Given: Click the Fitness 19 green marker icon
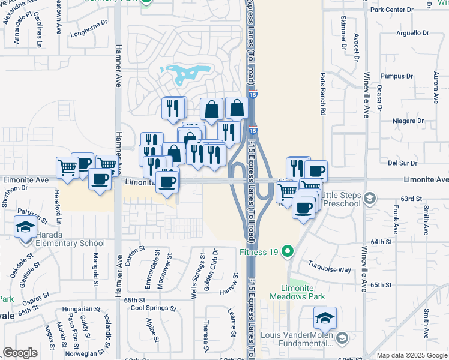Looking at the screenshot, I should point(288,251).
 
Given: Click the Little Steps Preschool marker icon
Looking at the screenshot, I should point(371,198).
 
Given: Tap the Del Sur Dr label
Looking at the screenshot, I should point(402,163).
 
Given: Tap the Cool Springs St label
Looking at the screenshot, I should point(154,308).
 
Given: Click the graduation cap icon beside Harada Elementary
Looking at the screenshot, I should point(25,228).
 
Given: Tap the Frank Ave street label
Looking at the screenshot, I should point(396,219).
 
